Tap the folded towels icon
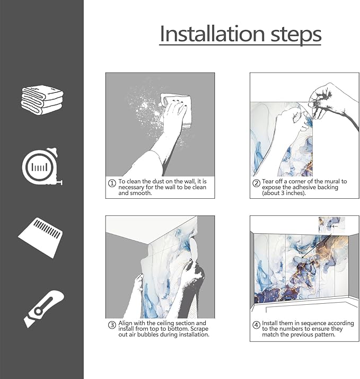42,100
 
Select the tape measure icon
42,166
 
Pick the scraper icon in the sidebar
40,237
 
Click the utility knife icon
43,309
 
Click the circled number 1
112,183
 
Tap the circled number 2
256,183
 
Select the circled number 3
112,325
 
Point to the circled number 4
256,325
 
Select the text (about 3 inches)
284,193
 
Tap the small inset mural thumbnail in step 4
332,225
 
